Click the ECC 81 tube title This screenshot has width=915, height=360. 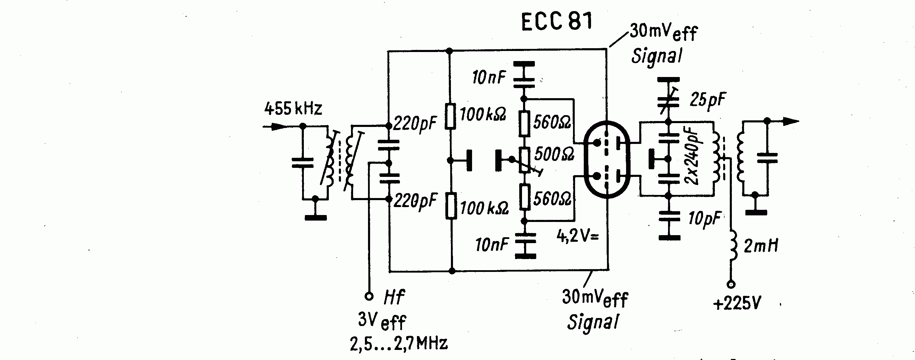coord(556,22)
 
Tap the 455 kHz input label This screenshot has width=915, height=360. coord(293,108)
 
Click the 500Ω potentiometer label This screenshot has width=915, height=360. coord(554,154)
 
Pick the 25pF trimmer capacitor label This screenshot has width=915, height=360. coord(708,100)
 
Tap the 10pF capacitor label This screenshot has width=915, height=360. coord(704,218)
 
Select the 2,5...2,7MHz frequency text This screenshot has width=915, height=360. coord(399,343)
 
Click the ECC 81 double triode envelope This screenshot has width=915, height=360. coord(607,159)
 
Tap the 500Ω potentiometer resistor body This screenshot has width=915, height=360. coord(525,160)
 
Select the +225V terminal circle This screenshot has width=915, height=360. coord(731,284)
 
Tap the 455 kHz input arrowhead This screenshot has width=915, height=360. coord(279,126)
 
